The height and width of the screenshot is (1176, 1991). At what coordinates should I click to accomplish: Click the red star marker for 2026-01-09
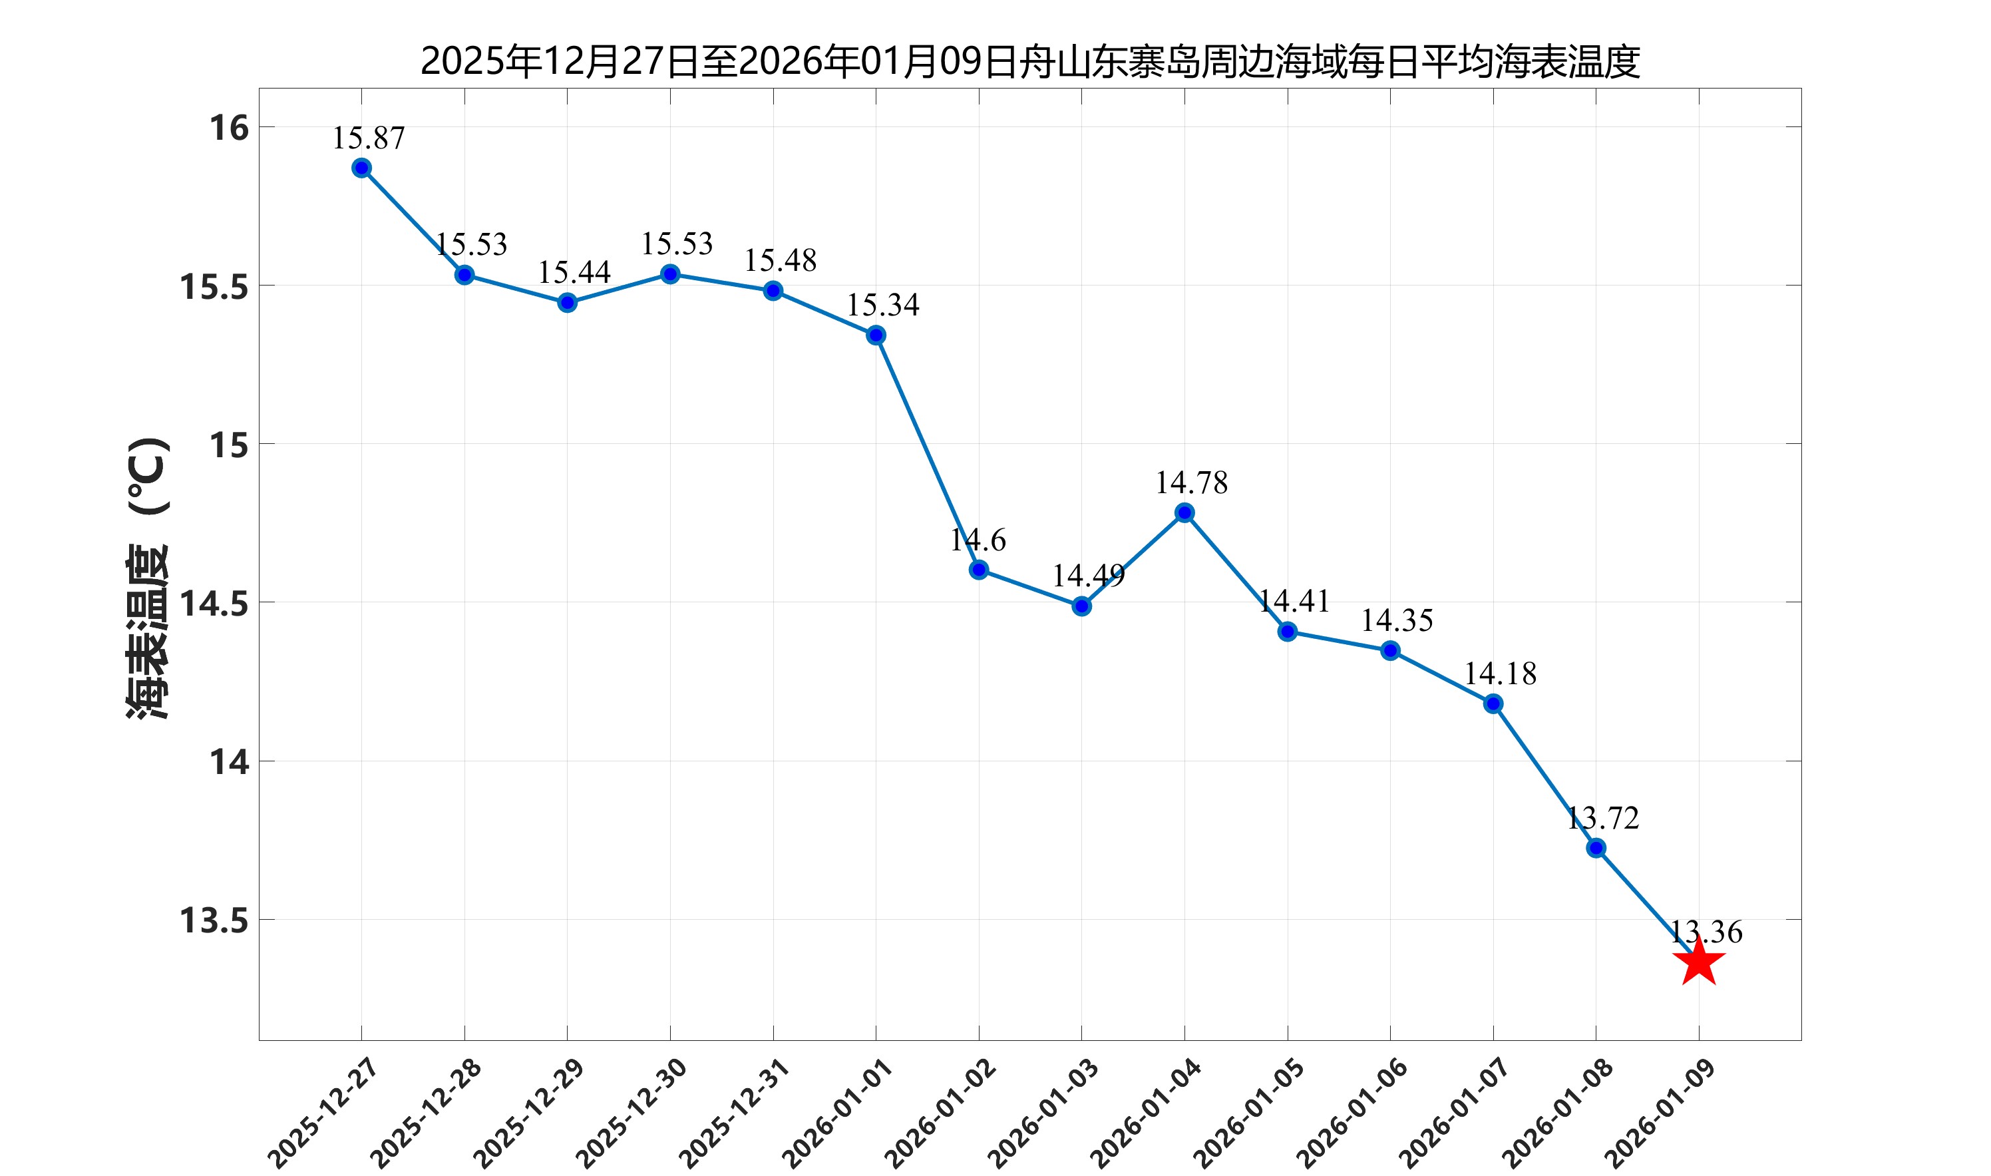[x=1699, y=964]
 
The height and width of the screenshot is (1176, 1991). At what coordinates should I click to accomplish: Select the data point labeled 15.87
[x=362, y=168]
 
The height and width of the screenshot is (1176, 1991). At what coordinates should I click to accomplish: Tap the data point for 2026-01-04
[x=1184, y=512]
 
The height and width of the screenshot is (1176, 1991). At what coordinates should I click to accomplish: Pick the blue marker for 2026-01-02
[x=978, y=570]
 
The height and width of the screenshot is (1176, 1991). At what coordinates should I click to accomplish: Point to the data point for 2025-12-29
[x=567, y=303]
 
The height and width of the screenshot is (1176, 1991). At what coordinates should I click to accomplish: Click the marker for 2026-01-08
[x=1596, y=848]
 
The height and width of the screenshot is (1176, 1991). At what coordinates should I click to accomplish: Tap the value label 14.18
[x=1500, y=674]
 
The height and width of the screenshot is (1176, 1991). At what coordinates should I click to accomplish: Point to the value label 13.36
[x=1706, y=932]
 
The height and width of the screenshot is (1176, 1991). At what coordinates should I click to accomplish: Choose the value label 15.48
[x=780, y=261]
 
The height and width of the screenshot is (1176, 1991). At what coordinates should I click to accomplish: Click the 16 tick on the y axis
[x=229, y=128]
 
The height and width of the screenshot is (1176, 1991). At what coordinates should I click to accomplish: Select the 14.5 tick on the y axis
[x=214, y=604]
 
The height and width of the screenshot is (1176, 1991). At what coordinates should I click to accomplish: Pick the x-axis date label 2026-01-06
[x=1352, y=1113]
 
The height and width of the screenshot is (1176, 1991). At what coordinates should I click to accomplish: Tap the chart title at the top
[x=1029, y=62]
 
